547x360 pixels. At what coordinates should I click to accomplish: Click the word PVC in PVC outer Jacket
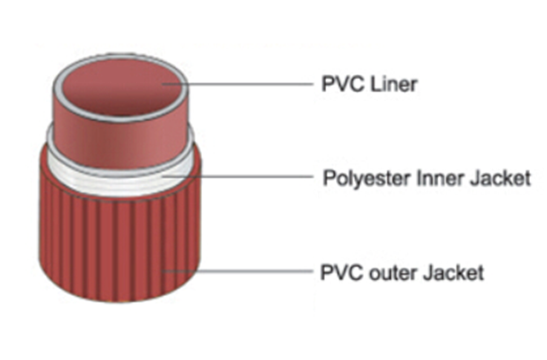[x=339, y=270]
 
